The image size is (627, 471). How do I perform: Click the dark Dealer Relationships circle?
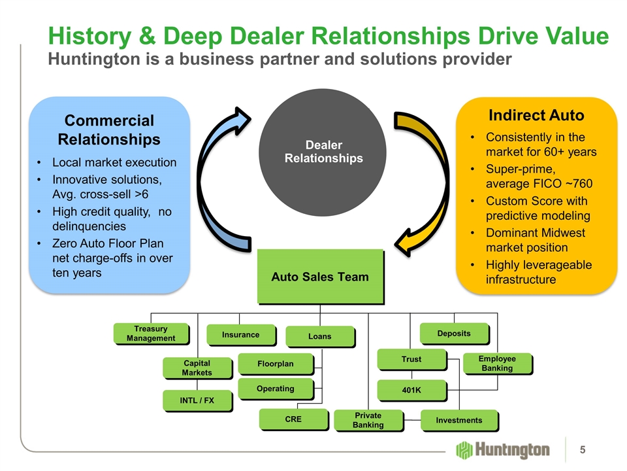click(323, 152)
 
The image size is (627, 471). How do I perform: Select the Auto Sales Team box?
click(319, 276)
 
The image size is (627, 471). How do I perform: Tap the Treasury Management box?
click(151, 333)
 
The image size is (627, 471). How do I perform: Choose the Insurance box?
click(240, 334)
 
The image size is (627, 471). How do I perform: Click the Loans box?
click(319, 336)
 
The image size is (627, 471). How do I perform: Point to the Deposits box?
click(453, 333)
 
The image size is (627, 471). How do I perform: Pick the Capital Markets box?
click(197, 368)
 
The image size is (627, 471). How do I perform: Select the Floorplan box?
click(275, 363)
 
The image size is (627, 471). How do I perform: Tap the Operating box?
click(275, 389)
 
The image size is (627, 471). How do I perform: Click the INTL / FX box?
click(197, 400)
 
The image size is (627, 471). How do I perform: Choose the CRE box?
click(293, 419)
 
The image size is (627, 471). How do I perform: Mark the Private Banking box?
click(368, 420)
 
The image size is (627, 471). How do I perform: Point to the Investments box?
click(458, 420)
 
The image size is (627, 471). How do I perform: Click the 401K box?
click(411, 391)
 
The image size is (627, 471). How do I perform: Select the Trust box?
click(411, 359)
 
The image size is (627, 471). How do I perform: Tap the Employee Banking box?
click(497, 364)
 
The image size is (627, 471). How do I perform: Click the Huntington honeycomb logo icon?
click(464, 450)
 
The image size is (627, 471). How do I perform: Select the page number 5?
click(583, 449)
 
